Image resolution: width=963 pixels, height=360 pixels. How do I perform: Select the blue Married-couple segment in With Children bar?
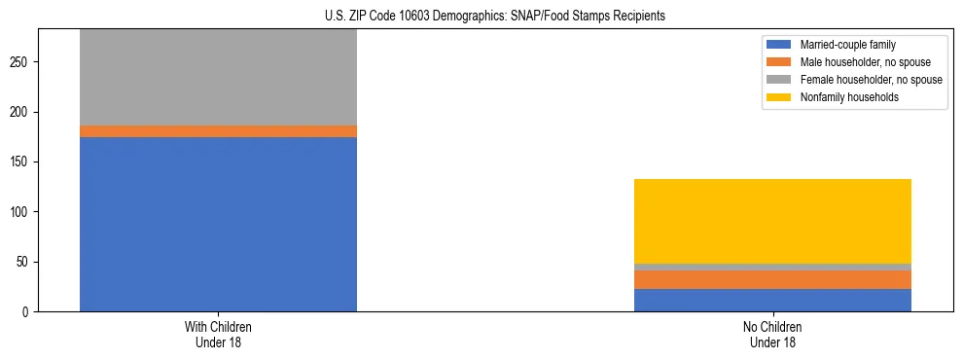pos(218,224)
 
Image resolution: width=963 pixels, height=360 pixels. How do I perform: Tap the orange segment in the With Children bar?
pos(218,131)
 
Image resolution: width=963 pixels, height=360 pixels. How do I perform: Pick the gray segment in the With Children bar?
pos(218,78)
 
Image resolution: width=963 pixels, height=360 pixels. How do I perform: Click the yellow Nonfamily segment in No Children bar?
pos(772,221)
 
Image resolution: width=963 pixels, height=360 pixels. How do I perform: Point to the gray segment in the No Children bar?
pos(772,267)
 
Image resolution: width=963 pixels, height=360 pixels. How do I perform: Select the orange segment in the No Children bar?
pos(772,279)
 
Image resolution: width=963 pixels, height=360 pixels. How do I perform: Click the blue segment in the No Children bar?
pos(772,300)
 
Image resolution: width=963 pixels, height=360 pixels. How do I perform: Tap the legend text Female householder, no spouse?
pos(871,80)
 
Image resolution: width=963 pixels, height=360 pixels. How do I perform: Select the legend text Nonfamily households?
pos(848,97)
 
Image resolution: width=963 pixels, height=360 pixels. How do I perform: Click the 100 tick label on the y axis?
pos(22,212)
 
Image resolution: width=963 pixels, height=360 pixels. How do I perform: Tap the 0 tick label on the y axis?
pos(28,312)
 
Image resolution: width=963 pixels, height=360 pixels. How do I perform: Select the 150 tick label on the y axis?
pos(22,162)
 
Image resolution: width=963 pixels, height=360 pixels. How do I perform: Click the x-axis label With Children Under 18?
pos(218,334)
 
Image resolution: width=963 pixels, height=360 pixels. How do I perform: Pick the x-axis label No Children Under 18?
pos(772,334)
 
